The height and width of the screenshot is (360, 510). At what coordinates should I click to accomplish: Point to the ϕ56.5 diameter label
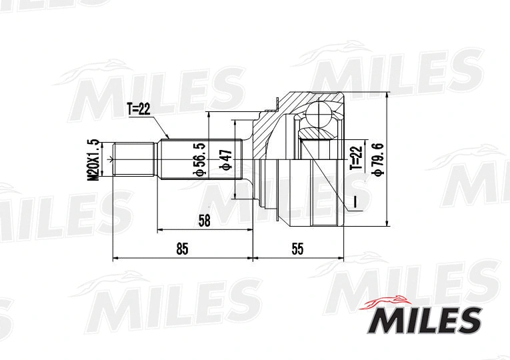197,159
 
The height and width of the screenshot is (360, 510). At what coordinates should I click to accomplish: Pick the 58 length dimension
205,221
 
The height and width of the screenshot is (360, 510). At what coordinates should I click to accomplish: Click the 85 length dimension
182,249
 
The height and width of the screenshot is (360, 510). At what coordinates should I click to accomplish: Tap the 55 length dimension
297,249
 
